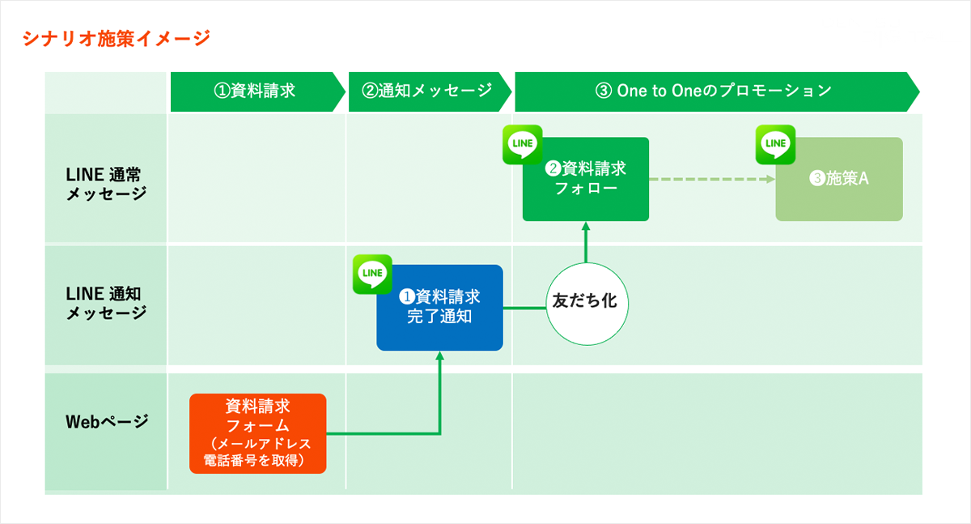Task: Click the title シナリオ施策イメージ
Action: click(x=117, y=38)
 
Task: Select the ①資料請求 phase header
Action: click(x=254, y=91)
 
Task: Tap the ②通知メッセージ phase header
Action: click(x=427, y=91)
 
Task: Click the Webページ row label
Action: click(x=106, y=421)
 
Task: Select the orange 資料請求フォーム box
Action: click(x=258, y=432)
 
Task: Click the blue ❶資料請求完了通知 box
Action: click(x=439, y=308)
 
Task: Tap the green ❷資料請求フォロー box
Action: click(x=586, y=180)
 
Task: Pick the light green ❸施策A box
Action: click(x=838, y=180)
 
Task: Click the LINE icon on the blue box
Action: click(x=372, y=274)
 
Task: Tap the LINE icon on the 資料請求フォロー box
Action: click(x=522, y=144)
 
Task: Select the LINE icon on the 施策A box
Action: click(x=775, y=144)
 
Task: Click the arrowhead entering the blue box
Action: click(x=440, y=357)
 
